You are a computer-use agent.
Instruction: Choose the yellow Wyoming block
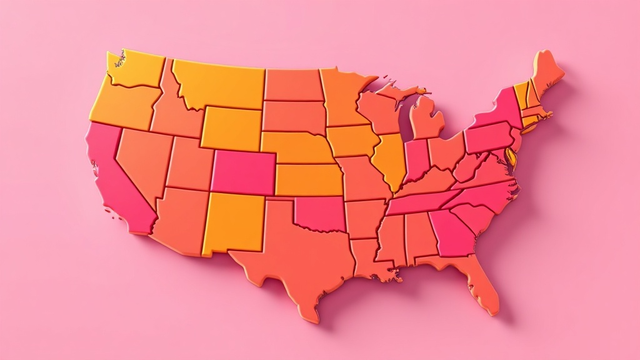coord(231,128)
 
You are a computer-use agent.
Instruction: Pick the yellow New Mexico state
coord(234,222)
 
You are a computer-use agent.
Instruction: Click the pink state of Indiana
coord(416,159)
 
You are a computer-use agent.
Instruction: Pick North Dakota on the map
coord(292,85)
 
